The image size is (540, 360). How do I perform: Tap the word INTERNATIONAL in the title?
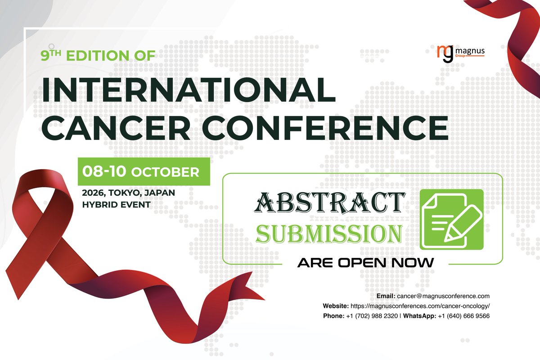click(189, 90)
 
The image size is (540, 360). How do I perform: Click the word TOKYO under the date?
click(125, 193)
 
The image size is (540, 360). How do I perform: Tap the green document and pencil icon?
click(451, 219)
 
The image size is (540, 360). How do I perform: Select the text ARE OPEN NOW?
click(365, 263)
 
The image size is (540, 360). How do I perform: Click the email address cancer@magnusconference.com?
click(443, 296)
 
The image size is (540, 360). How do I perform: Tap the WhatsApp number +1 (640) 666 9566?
click(463, 316)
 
